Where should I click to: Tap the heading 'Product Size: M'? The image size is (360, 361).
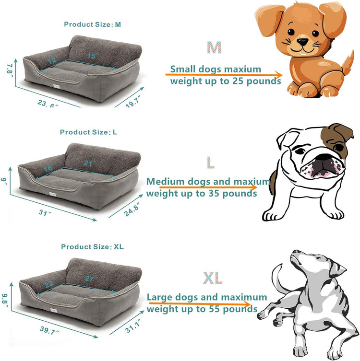pos(92,24)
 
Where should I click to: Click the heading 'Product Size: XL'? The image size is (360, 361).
pos(92,246)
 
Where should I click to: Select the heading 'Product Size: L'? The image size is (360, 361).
pos(88,132)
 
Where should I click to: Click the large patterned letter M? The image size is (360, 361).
pos(214,47)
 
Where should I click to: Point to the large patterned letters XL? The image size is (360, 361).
pos(212,278)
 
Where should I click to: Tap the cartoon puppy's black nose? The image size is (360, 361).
pos(302,42)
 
